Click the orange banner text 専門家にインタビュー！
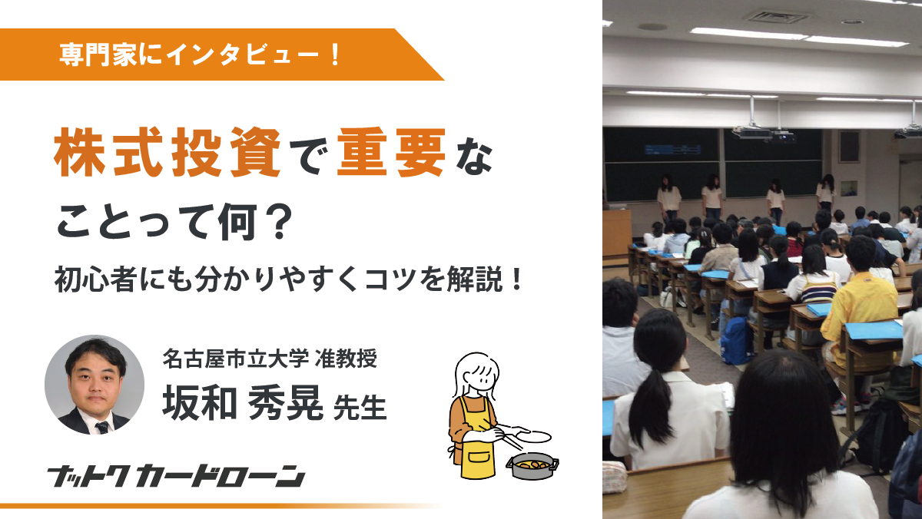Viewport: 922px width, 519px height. coord(200,55)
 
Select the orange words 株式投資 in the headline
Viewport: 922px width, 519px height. coord(167,152)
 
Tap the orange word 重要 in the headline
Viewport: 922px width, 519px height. coord(391,152)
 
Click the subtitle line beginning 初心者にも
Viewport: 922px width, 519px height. coord(289,279)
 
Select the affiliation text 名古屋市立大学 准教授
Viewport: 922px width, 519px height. coord(270,359)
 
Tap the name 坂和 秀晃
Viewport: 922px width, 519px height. coord(243,402)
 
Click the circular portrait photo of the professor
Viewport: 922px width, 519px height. coord(95,385)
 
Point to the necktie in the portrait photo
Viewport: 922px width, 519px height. coord(102,428)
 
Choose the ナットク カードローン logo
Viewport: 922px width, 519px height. coord(176,476)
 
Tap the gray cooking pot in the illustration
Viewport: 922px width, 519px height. coord(532,465)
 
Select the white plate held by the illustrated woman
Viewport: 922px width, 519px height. coord(534,436)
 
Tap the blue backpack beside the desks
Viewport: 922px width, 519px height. coord(737,339)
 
